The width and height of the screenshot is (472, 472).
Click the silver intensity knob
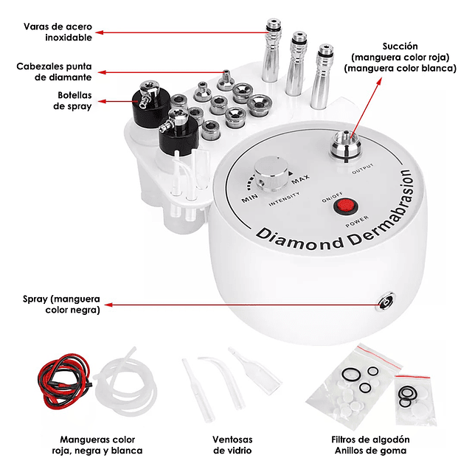point(271,174)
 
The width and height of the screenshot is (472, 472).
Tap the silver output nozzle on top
point(346,145)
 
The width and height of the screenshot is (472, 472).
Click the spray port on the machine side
point(386,302)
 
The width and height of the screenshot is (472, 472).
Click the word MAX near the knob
point(300,179)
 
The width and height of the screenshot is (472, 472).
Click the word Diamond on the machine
point(299,239)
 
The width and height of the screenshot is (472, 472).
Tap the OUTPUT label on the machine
point(363,169)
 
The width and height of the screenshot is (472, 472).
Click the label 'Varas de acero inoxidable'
point(58,32)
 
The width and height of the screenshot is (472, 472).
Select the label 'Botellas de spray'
point(72,100)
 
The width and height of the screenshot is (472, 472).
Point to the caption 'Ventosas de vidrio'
point(232,445)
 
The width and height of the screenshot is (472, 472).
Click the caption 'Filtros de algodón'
point(370,440)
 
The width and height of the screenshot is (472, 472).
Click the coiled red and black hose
point(64,380)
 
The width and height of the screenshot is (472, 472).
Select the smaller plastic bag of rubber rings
point(416,400)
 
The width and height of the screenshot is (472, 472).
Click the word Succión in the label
point(400,46)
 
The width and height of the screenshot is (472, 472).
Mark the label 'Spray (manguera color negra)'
point(61,305)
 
